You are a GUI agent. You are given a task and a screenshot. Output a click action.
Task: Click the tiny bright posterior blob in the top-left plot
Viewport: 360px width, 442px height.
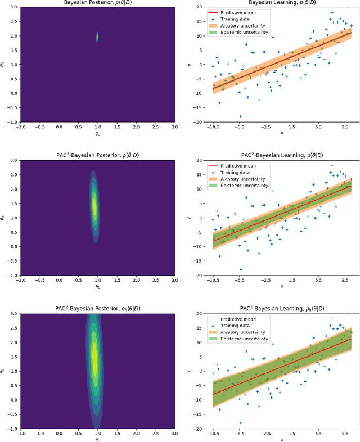pyautogui.click(x=97, y=37)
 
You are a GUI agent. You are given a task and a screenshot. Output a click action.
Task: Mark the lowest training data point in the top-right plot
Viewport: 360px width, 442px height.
pyautogui.click(x=241, y=116)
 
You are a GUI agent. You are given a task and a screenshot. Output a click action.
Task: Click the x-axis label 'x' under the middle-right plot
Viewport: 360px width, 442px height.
pyautogui.click(x=282, y=286)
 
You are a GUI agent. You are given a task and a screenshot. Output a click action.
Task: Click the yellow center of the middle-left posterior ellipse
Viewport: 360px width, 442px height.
pyautogui.click(x=94, y=205)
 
